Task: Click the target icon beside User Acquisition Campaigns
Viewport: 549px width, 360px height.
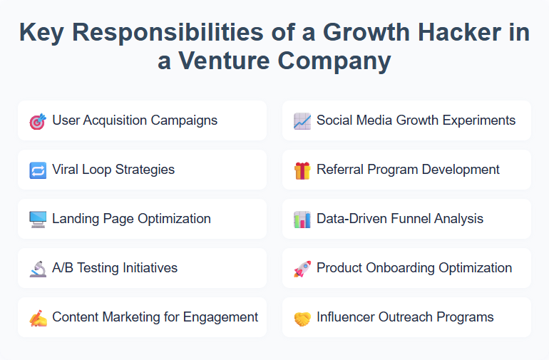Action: [x=38, y=121]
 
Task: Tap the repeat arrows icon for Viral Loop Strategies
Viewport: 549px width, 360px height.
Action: [x=38, y=170]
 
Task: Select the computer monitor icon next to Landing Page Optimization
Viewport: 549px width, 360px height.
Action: [x=38, y=220]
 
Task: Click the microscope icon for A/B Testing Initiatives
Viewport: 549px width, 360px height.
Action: [x=38, y=269]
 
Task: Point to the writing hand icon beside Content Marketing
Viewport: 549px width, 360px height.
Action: [x=38, y=318]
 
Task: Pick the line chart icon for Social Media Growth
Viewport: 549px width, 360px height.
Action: [x=302, y=121]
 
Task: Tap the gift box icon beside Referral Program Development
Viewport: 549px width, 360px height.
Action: [x=302, y=170]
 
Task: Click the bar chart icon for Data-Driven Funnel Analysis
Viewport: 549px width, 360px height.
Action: [x=302, y=220]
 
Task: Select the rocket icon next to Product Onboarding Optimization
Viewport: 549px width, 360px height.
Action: [x=302, y=269]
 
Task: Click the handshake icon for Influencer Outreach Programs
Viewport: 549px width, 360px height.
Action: [x=302, y=318]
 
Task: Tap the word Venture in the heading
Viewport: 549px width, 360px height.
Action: [x=222, y=61]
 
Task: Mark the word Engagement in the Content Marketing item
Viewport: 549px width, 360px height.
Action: [x=222, y=317]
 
